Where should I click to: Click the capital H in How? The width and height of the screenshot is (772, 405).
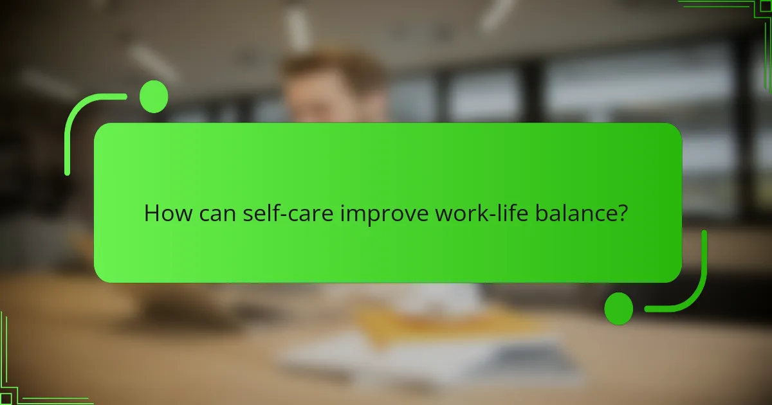pyautogui.click(x=151, y=213)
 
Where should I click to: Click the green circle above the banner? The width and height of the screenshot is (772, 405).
pyautogui.click(x=154, y=97)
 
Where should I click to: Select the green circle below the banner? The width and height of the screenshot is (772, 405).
pyautogui.click(x=619, y=308)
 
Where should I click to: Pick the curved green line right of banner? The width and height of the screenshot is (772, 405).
pyautogui.click(x=699, y=283)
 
